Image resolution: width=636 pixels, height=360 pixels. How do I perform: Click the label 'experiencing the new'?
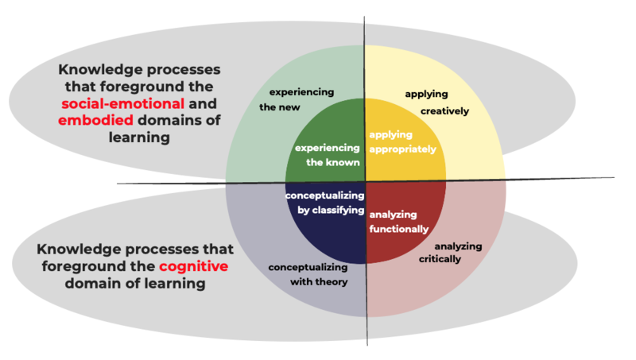[301, 99]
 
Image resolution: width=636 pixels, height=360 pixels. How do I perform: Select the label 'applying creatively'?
[436, 103]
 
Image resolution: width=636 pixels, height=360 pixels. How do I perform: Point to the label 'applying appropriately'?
[402, 141]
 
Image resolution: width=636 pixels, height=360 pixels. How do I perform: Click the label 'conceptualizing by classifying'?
[324, 203]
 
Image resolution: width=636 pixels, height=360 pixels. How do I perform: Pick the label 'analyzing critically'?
[451, 252]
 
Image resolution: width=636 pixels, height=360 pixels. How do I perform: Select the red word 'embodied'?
[96, 121]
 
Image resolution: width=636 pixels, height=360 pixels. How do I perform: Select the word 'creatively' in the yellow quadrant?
[445, 111]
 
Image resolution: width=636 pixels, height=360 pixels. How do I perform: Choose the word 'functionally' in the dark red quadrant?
[399, 229]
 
